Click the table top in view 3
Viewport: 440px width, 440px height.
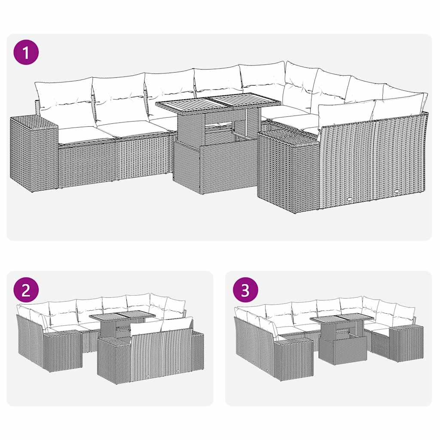pyautogui.click(x=341, y=318)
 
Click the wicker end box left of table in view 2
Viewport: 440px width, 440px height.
pyautogui.click(x=63, y=350)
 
